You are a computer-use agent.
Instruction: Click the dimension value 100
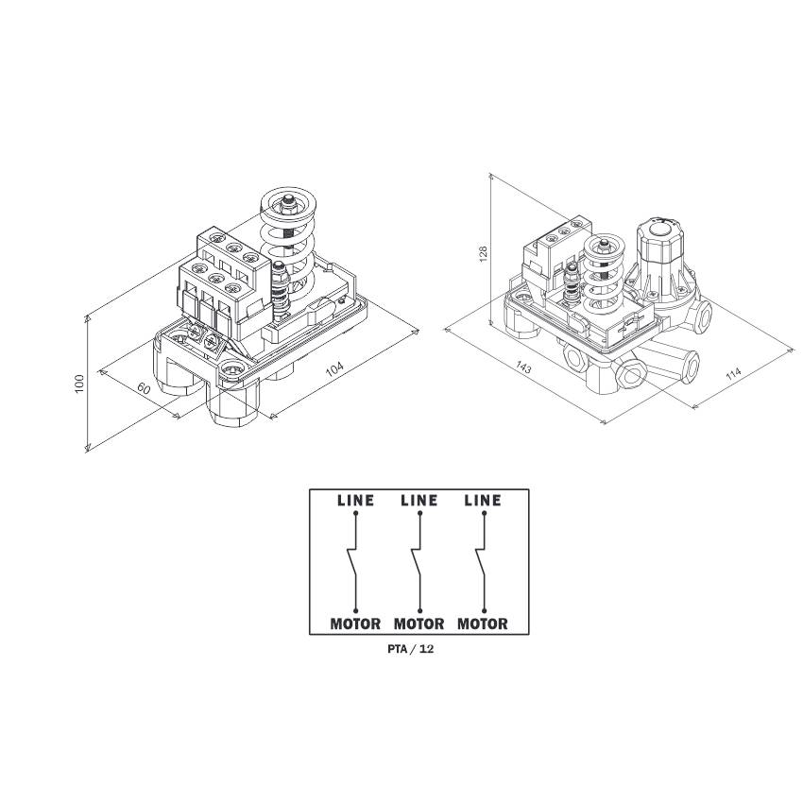pos(78,384)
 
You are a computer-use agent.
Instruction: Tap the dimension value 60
pos(144,388)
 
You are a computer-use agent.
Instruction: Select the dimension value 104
pos(335,369)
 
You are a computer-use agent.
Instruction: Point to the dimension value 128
pos(483,254)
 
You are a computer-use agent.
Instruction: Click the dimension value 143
pos(523,367)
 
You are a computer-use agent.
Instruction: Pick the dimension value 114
pos(733,373)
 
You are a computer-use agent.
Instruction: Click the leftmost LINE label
pos(355,501)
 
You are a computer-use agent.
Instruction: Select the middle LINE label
pos(419,501)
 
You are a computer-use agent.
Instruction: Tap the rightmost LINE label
pos(483,501)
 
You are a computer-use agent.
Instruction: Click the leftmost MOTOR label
pos(355,624)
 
